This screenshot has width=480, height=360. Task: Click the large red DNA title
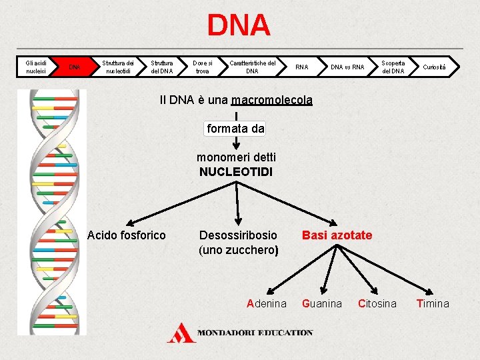pos(239,25)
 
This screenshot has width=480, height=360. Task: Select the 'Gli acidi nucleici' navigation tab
pos(35,67)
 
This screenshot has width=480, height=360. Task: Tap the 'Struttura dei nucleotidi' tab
pos(117,67)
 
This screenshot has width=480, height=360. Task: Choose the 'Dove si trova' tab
pos(202,67)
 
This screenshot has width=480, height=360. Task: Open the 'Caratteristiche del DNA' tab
pos(252,67)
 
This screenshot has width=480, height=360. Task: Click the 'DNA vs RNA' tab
pos(347,67)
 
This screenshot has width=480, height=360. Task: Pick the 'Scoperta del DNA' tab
pos(393,67)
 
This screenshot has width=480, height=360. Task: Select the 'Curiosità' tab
pos(437,67)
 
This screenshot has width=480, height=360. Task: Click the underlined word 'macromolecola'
pos(271,100)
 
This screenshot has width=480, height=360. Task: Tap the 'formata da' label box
pos(236,129)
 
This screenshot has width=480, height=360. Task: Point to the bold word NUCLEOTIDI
pos(236,172)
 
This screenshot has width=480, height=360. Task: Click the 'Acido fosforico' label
pos(127,235)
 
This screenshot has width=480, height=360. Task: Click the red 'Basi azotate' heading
pos(337,235)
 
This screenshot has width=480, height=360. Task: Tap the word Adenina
pos(267,303)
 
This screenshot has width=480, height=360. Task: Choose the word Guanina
pos(322,303)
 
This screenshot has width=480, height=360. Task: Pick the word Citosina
pos(377,303)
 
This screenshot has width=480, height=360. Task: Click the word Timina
pos(433,303)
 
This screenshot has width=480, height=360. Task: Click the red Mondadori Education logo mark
pos(181,332)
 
